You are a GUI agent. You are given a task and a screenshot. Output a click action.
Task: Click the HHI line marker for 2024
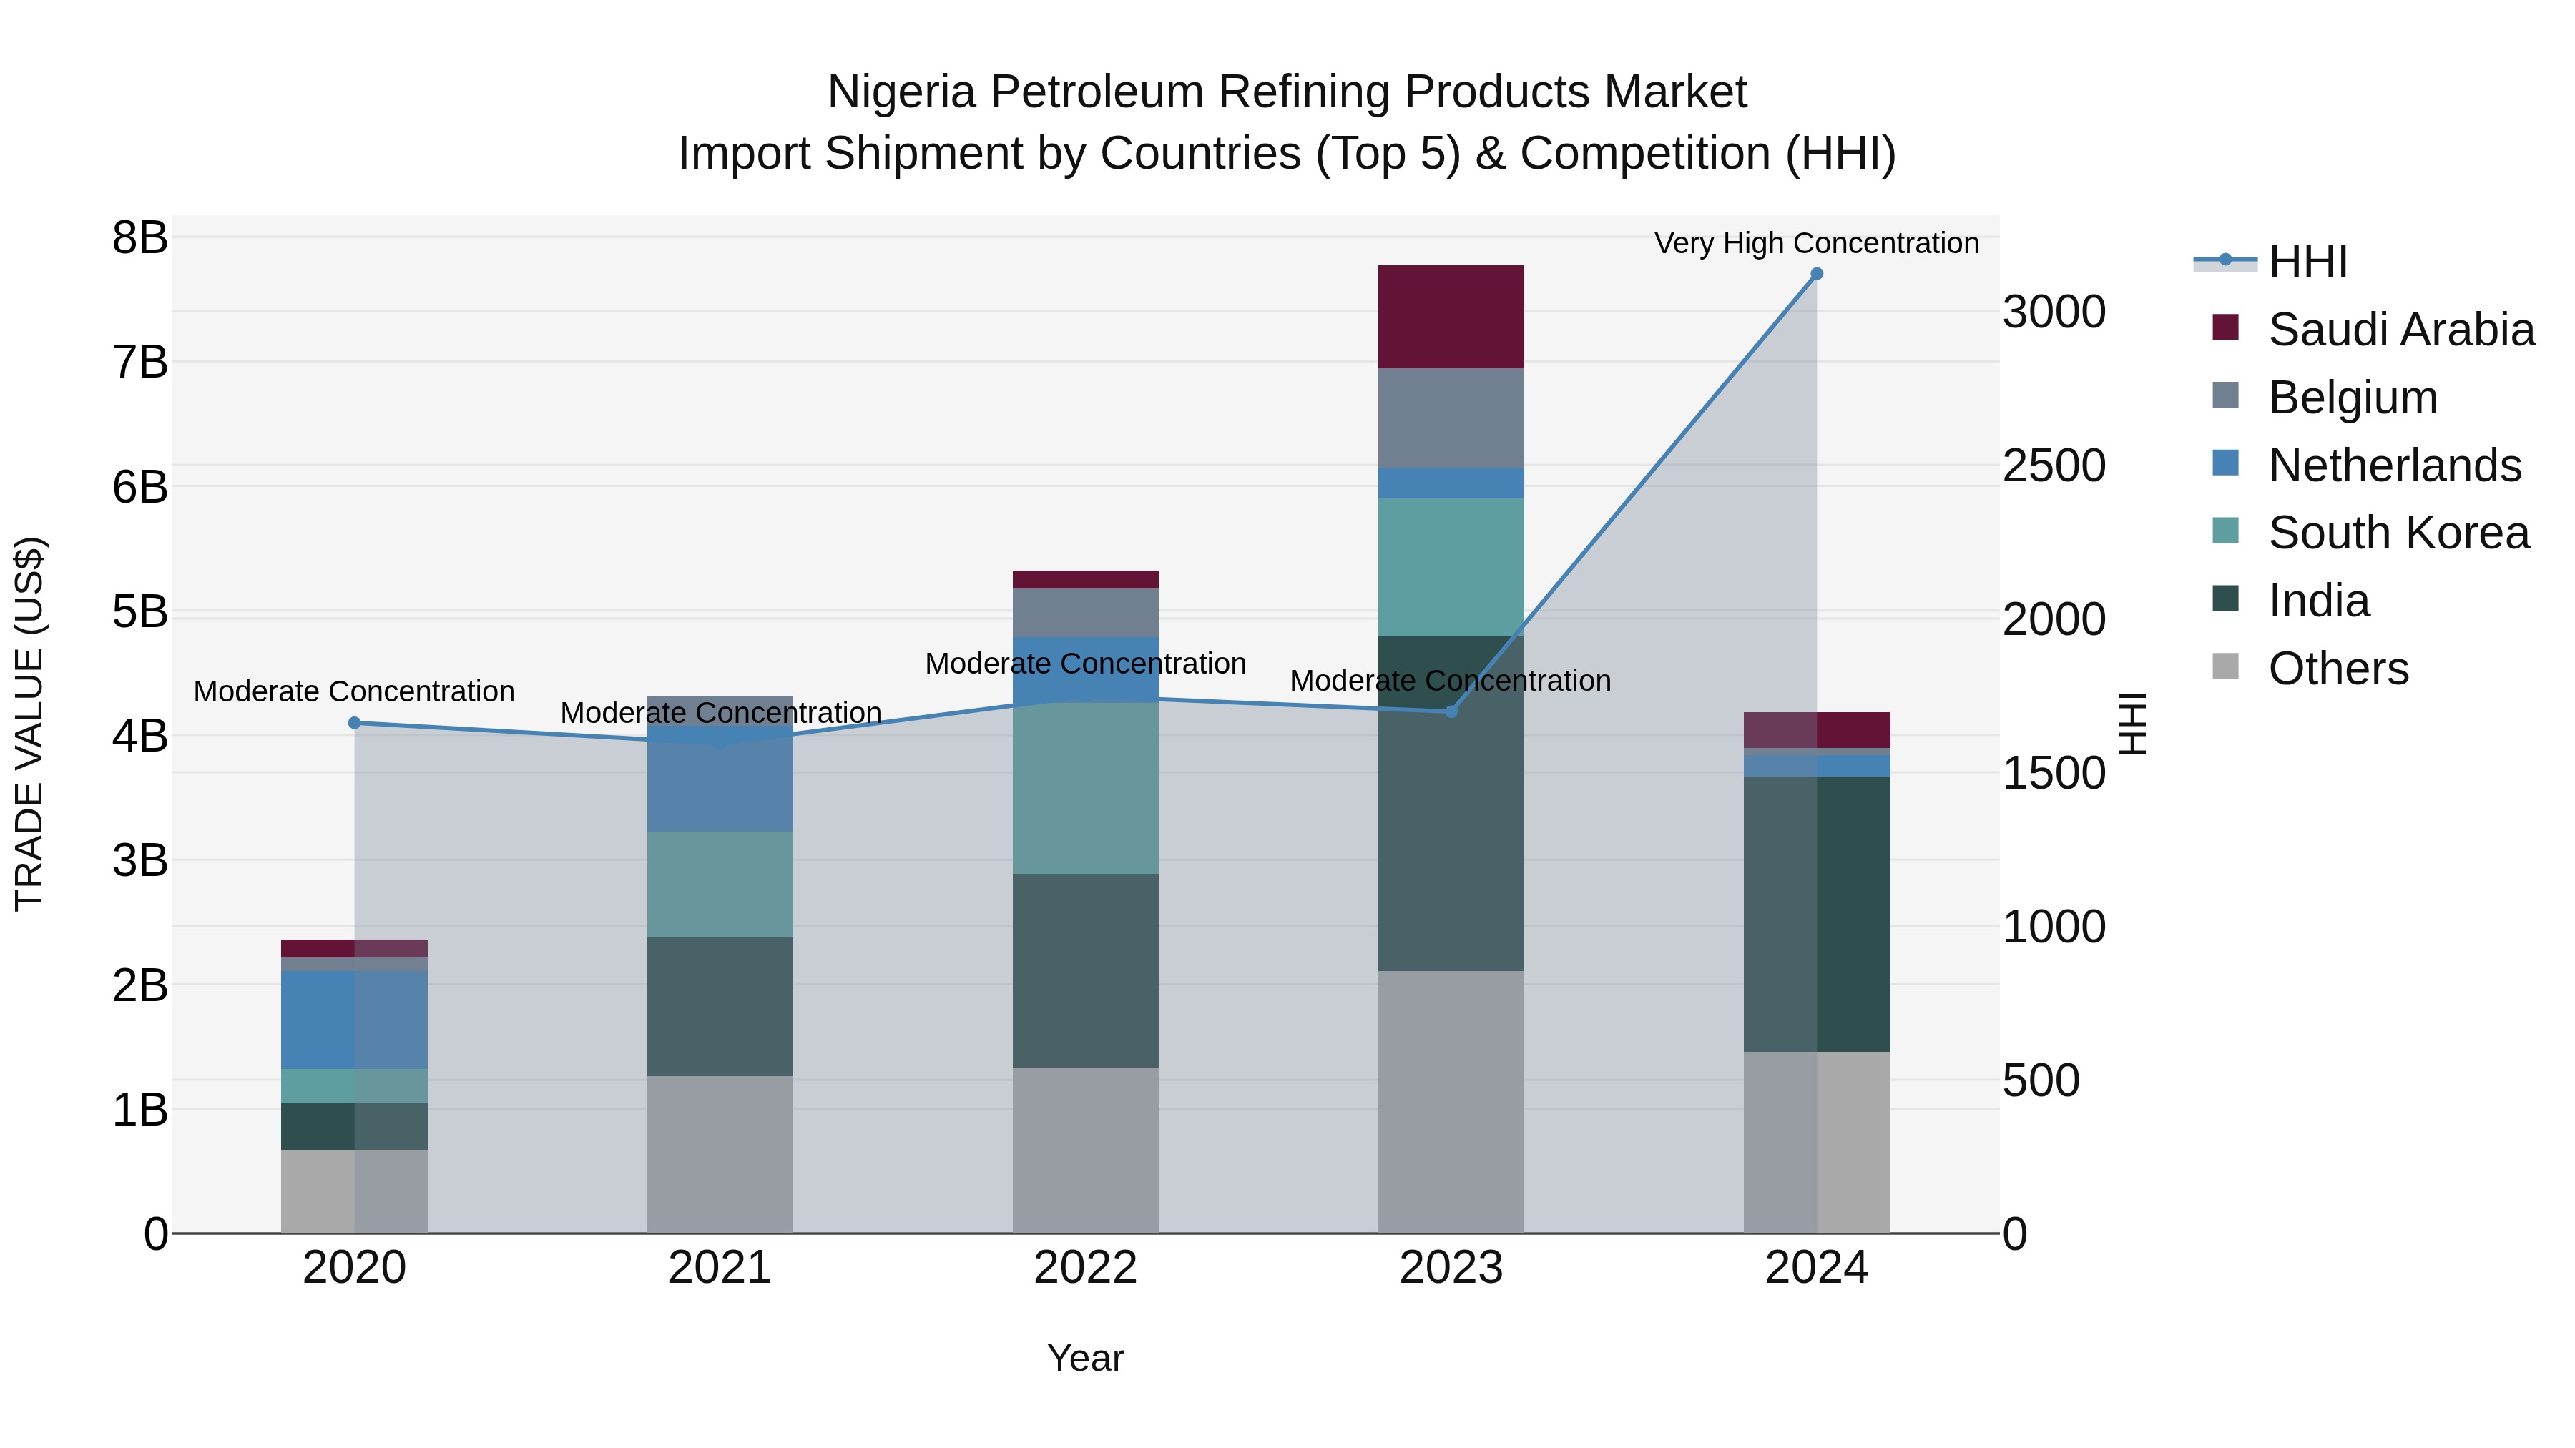(x=1816, y=274)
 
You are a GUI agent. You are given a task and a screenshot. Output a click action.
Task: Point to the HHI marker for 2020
(x=354, y=722)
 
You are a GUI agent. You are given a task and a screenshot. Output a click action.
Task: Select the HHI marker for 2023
(x=1451, y=711)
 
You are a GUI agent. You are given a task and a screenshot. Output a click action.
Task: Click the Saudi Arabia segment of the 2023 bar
(x=1451, y=317)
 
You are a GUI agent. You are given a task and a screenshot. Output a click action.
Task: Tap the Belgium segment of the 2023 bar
(x=1451, y=418)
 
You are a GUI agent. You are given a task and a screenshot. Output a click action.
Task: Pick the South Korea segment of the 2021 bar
(x=720, y=885)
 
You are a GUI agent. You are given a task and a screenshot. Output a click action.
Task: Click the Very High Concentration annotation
(x=1815, y=243)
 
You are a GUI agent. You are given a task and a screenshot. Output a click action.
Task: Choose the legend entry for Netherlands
(x=2394, y=466)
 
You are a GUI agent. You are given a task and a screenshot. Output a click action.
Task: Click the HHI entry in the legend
(x=2306, y=262)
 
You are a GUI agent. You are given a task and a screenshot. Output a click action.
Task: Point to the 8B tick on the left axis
(x=140, y=238)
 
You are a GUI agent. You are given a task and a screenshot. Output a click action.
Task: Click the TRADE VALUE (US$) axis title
(x=30, y=724)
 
